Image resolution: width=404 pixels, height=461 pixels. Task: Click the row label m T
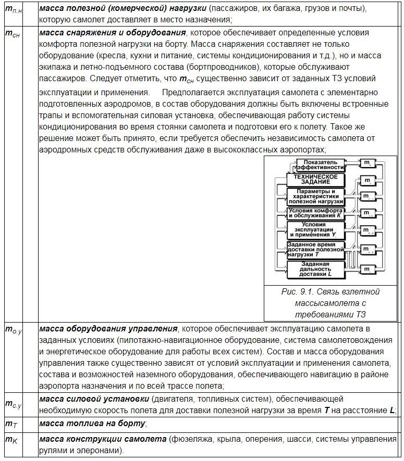pyautogui.click(x=11, y=424)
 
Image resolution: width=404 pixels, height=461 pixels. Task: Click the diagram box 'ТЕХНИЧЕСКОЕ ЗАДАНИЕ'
pyautogui.click(x=315, y=180)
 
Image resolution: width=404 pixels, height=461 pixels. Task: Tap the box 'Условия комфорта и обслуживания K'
pyautogui.click(x=316, y=213)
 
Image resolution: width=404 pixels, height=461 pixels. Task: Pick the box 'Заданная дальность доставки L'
pyautogui.click(x=315, y=268)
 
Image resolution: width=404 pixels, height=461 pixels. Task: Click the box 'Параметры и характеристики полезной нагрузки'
pyautogui.click(x=316, y=196)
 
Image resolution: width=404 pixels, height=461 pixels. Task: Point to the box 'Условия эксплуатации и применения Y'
pyautogui.click(x=316, y=229)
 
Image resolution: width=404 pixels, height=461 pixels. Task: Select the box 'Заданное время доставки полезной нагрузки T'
pyautogui.click(x=316, y=249)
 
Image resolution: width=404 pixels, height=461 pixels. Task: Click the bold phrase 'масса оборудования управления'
pyautogui.click(x=107, y=329)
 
